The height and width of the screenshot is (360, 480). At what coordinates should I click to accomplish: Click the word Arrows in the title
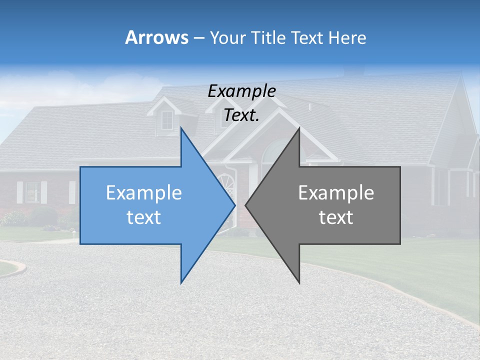point(157,37)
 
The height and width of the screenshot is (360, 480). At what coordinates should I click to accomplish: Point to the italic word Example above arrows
point(241,91)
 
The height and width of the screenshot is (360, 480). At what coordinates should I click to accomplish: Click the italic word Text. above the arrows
point(241,115)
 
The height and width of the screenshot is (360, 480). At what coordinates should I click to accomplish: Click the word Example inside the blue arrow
point(144,193)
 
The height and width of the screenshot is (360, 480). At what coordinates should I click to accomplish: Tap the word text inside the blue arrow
point(144,217)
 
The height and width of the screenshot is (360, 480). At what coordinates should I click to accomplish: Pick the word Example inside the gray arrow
point(336,193)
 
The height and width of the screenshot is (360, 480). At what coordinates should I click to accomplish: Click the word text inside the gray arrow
point(336,217)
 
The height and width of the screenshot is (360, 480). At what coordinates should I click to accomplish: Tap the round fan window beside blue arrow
point(228,182)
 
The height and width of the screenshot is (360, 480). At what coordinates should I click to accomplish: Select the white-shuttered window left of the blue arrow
point(32,192)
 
